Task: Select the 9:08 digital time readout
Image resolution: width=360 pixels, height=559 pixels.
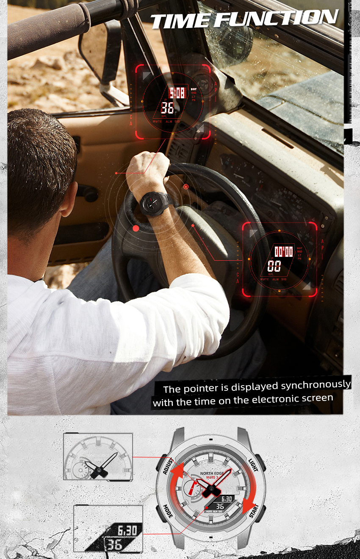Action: click(177, 93)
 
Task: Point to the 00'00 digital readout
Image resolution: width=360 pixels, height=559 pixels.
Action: click(283, 252)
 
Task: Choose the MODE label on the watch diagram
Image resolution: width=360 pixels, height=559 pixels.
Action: click(167, 511)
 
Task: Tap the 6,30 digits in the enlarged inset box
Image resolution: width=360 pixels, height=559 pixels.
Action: click(127, 530)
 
